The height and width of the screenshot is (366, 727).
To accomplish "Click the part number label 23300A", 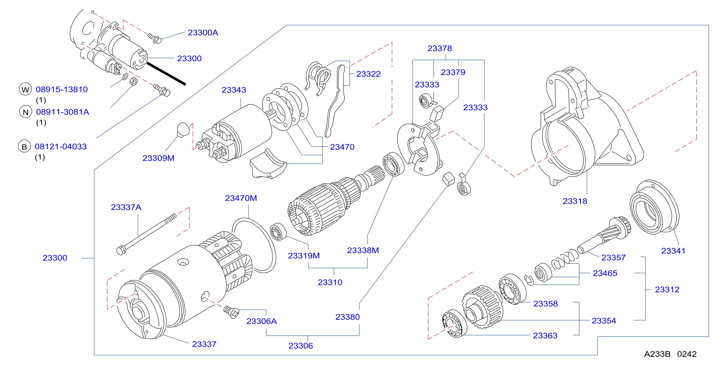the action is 203,33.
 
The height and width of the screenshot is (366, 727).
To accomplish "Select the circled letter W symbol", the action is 25,89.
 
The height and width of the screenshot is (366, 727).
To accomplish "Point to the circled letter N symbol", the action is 25,112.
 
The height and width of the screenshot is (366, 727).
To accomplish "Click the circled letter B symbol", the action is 24,147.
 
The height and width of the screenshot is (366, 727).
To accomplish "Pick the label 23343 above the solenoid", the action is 234,90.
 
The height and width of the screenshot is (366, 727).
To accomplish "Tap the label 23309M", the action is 158,158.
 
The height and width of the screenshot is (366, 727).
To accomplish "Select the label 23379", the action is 453,73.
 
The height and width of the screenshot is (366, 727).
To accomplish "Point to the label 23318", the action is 575,201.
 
